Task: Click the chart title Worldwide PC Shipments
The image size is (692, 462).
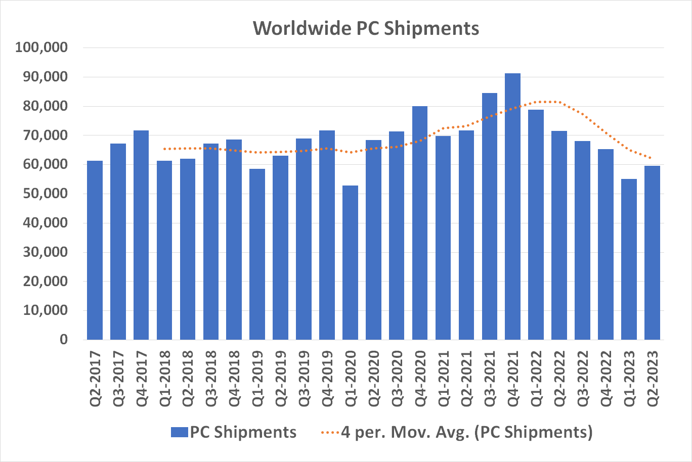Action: click(x=366, y=28)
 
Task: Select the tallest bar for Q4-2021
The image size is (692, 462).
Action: click(x=512, y=207)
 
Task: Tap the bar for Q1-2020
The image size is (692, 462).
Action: click(x=350, y=263)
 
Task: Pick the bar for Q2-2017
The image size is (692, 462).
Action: click(x=95, y=250)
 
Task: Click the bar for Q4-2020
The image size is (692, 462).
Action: click(x=419, y=222)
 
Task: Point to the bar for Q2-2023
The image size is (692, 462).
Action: click(x=652, y=253)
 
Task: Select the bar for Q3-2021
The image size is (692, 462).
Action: click(x=489, y=217)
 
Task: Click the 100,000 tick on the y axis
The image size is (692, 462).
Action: click(x=41, y=48)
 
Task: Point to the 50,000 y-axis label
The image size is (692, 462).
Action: click(x=46, y=194)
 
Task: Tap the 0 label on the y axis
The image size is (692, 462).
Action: click(x=63, y=340)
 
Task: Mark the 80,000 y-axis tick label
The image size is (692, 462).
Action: click(x=46, y=106)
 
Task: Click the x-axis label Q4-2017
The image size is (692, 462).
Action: click(x=141, y=379)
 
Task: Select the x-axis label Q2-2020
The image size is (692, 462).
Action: click(x=373, y=379)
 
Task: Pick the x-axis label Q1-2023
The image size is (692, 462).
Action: click(x=629, y=379)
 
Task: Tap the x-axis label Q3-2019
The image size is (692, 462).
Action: click(x=304, y=379)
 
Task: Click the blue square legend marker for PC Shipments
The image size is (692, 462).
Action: click(x=179, y=432)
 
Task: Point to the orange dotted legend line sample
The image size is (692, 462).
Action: click(x=330, y=432)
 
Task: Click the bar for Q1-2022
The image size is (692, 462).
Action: click(x=536, y=225)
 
